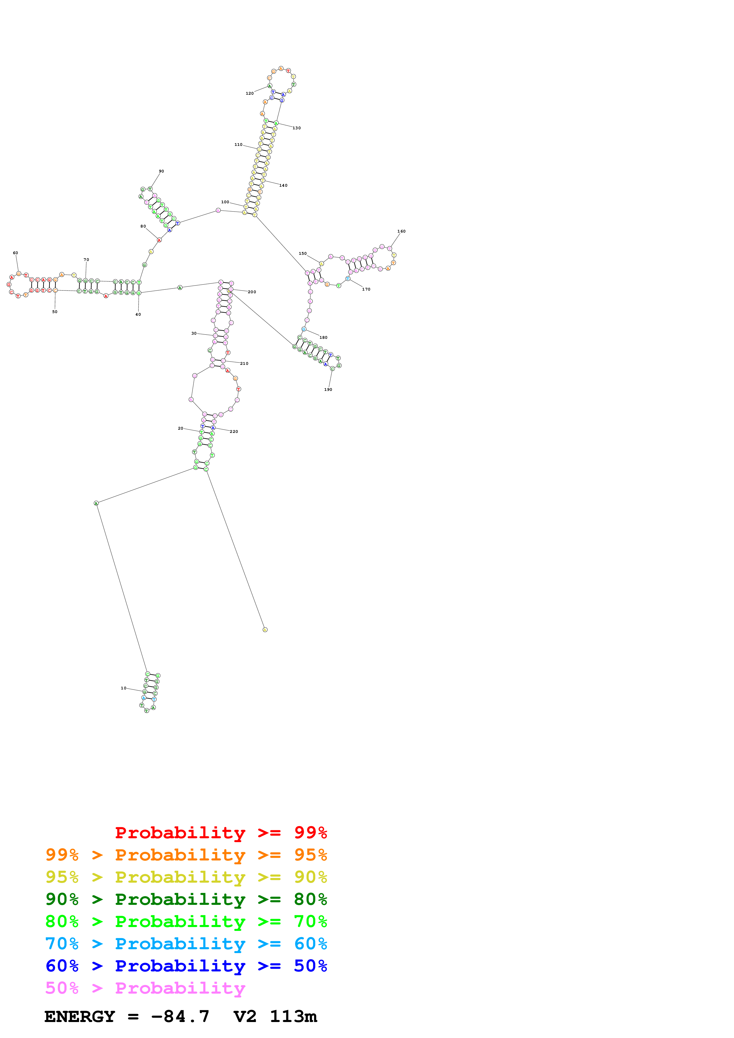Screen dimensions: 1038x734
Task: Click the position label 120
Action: click(249, 94)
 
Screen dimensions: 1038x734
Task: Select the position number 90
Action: click(161, 171)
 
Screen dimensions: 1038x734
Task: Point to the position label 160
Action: click(401, 231)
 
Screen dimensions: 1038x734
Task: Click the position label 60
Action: click(15, 253)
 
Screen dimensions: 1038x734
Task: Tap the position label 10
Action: click(123, 688)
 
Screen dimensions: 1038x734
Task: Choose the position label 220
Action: click(234, 432)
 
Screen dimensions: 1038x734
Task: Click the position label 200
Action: click(252, 292)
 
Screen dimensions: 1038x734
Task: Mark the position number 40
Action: click(138, 315)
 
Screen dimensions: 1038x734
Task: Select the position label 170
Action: click(366, 289)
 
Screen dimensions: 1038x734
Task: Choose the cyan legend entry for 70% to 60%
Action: click(186, 944)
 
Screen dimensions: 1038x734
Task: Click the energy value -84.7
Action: click(180, 1016)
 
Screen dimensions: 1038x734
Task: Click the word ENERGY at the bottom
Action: click(80, 1016)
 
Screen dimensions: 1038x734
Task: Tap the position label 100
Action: click(225, 202)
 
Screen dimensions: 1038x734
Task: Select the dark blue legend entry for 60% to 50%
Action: click(186, 966)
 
